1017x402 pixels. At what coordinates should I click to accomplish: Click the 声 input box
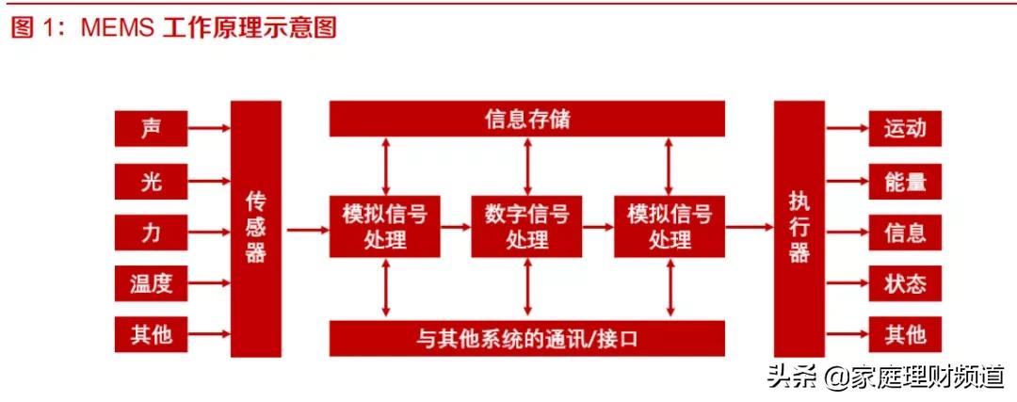tap(151, 128)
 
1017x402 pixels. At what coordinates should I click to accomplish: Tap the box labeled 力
tap(151, 232)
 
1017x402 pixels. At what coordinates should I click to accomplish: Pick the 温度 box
tap(151, 282)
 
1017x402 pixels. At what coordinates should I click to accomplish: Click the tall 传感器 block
tap(256, 228)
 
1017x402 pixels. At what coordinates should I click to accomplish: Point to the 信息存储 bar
tap(526, 120)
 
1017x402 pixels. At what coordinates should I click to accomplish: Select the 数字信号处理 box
tap(526, 227)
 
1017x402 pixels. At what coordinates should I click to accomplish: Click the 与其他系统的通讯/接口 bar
tap(526, 337)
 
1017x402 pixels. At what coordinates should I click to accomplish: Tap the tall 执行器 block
tap(799, 228)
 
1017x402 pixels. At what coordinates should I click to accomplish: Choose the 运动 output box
tap(905, 128)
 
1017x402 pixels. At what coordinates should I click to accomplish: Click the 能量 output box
tap(905, 181)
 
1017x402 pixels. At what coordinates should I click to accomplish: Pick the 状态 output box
tap(905, 282)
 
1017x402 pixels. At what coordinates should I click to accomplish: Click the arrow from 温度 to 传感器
tap(208, 282)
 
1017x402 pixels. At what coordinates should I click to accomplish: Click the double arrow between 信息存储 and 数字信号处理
tap(526, 166)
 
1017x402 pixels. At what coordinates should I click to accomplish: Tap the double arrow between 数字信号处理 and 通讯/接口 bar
tap(526, 288)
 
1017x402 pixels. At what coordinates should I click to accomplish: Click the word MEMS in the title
tap(119, 27)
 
